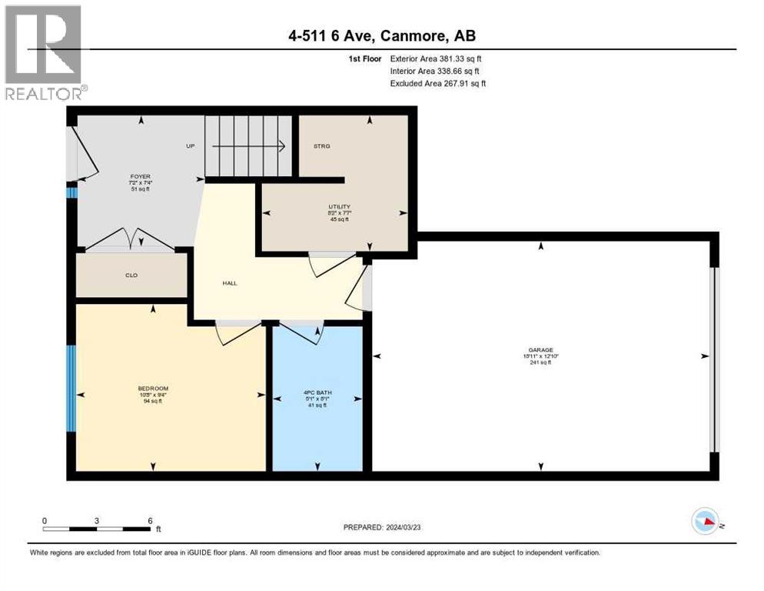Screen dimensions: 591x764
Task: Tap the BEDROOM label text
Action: (x=153, y=388)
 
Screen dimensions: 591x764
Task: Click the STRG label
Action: (x=321, y=145)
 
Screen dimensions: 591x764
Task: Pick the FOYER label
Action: (x=139, y=176)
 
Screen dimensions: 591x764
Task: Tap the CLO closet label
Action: (x=131, y=275)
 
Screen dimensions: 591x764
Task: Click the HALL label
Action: (x=229, y=283)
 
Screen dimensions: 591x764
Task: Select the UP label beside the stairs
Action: (x=190, y=145)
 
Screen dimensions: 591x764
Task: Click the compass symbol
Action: (x=706, y=523)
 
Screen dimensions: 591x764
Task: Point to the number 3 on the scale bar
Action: (x=97, y=520)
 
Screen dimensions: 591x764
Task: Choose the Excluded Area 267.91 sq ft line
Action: (x=438, y=83)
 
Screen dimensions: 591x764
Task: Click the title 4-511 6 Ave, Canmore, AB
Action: (x=381, y=36)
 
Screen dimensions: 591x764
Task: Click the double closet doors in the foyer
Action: (x=130, y=240)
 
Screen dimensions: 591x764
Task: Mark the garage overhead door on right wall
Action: (x=714, y=359)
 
